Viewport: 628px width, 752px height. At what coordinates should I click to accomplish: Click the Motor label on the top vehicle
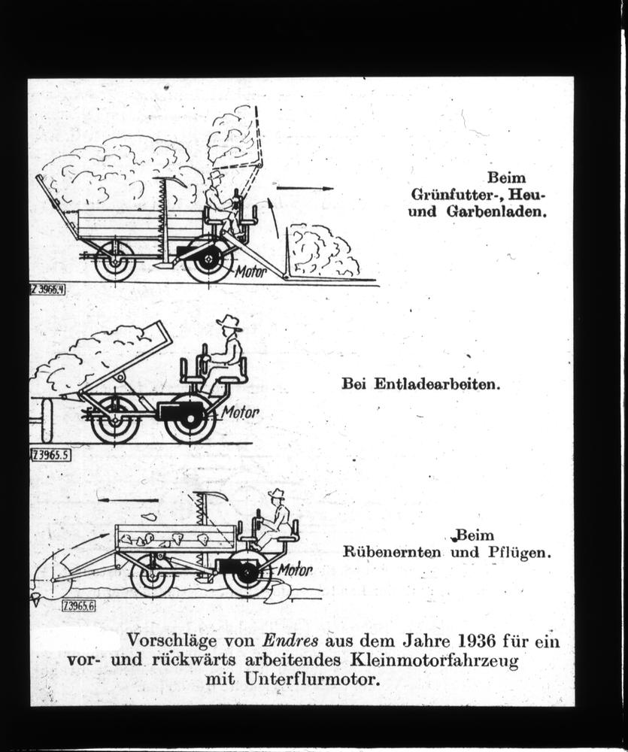[x=250, y=272]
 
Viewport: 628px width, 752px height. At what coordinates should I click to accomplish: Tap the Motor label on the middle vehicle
[x=240, y=412]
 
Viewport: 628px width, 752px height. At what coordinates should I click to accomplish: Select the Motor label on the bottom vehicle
[x=294, y=570]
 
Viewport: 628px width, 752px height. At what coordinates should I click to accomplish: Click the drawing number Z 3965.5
[x=51, y=454]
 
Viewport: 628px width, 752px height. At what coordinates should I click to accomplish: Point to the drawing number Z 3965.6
[x=78, y=605]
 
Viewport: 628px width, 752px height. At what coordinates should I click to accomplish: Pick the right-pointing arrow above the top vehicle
[x=304, y=188]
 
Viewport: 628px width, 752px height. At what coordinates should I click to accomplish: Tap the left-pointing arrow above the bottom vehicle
[x=128, y=499]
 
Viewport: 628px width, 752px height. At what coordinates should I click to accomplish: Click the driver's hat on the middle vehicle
[x=229, y=323]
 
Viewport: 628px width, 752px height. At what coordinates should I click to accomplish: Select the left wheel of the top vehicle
[x=115, y=261]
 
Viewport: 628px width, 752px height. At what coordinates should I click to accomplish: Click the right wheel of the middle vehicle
[x=190, y=419]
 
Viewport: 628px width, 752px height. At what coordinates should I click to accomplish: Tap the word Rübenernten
[x=392, y=552]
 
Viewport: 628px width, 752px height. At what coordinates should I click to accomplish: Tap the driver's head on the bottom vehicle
[x=278, y=499]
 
